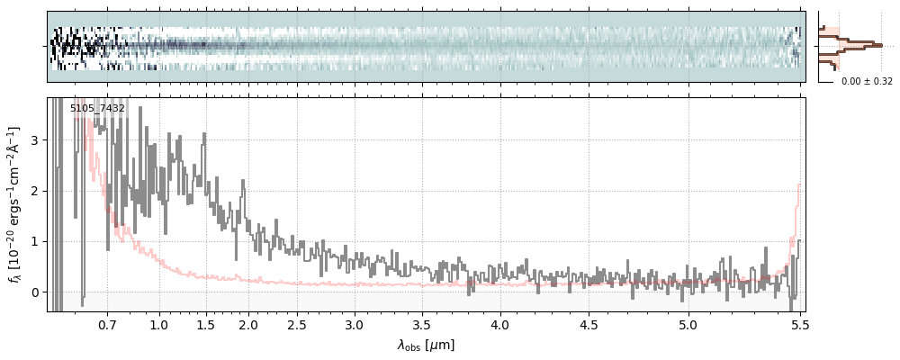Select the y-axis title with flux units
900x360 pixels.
(14, 204)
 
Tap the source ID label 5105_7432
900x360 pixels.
(97, 109)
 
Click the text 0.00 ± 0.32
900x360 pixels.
(867, 82)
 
